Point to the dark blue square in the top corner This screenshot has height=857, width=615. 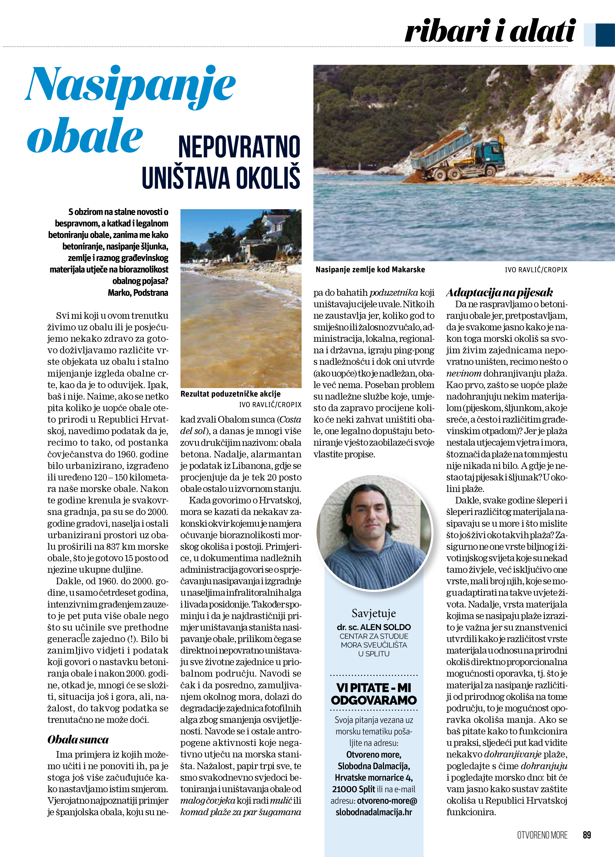[x=605, y=35]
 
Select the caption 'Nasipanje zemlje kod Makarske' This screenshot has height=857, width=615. [x=370, y=269]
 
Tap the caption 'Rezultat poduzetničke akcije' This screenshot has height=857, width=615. [x=230, y=394]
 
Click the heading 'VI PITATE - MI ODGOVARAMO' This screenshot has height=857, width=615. [x=374, y=694]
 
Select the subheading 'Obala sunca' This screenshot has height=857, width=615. [x=78, y=739]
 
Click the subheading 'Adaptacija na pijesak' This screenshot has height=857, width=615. [x=499, y=293]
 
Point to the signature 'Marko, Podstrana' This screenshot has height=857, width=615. [x=138, y=293]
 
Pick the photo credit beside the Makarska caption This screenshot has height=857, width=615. [x=536, y=270]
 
